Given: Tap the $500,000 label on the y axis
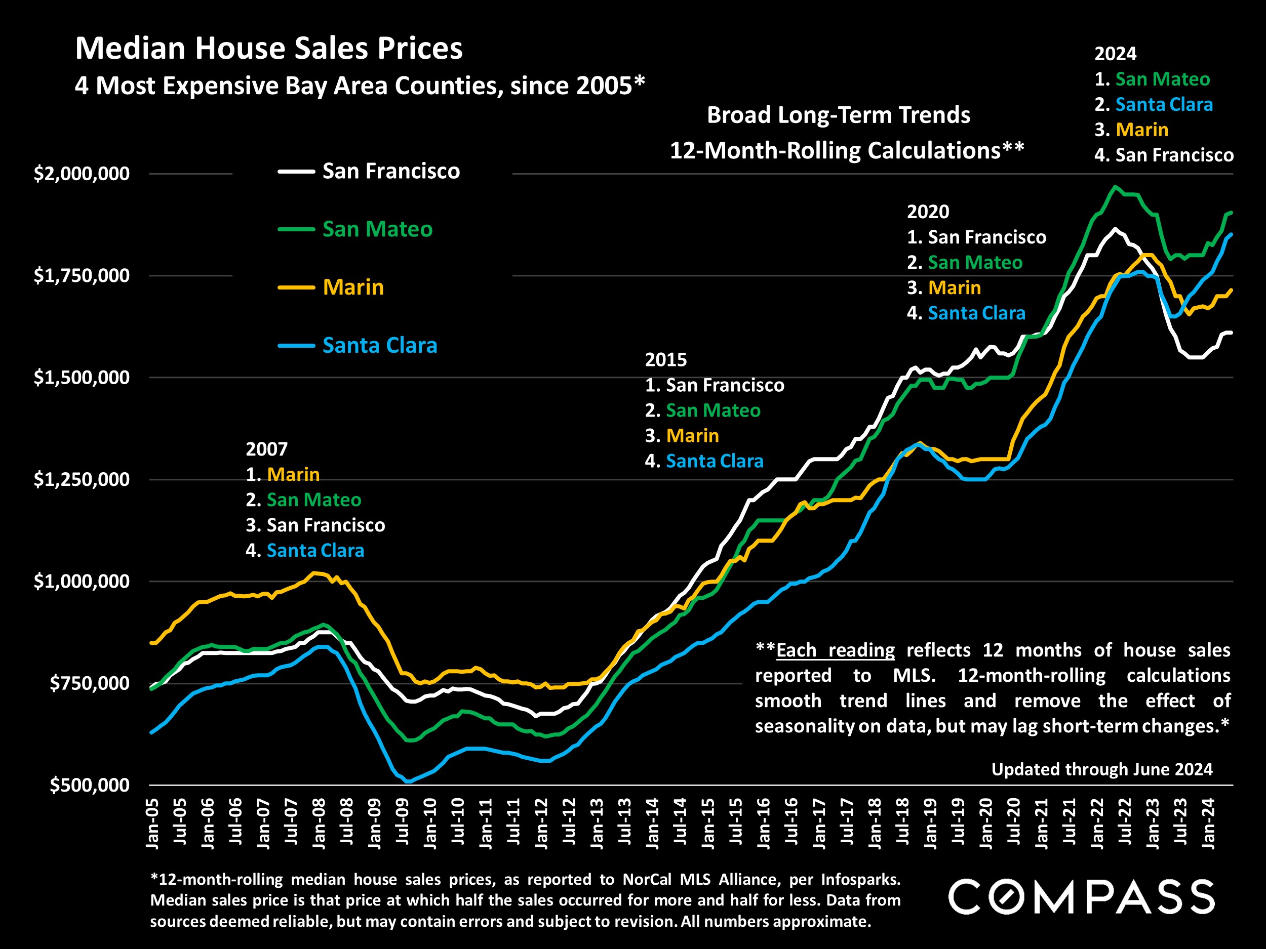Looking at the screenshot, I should [89, 786].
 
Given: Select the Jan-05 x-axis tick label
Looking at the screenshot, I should [153, 823].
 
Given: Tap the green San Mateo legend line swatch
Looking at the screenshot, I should [296, 229].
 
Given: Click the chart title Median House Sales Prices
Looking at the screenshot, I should [268, 48].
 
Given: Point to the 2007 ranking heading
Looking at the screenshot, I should [266, 449].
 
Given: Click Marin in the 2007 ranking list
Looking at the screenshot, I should [293, 475].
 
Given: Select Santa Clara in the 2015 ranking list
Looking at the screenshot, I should [714, 461].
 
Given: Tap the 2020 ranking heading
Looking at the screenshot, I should [928, 212].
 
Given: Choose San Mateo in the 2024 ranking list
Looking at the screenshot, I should [1162, 79].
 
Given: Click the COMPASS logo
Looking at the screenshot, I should [1081, 897].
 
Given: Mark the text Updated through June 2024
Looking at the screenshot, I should [1102, 769].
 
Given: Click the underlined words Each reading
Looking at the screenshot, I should [835, 650].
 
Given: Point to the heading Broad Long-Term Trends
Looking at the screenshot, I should [839, 115].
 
